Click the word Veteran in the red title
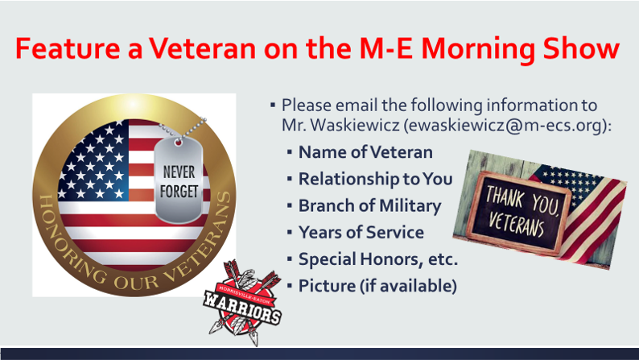point(202,48)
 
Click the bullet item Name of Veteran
point(365,152)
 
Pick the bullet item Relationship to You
point(375,179)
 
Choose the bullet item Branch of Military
point(369,206)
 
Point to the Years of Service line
point(361,233)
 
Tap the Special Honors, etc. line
point(378,259)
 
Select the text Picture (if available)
point(377,286)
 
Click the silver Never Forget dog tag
point(179,180)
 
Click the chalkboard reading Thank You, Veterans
point(518,212)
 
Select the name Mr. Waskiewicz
point(340,126)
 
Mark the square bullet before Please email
point(273,106)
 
